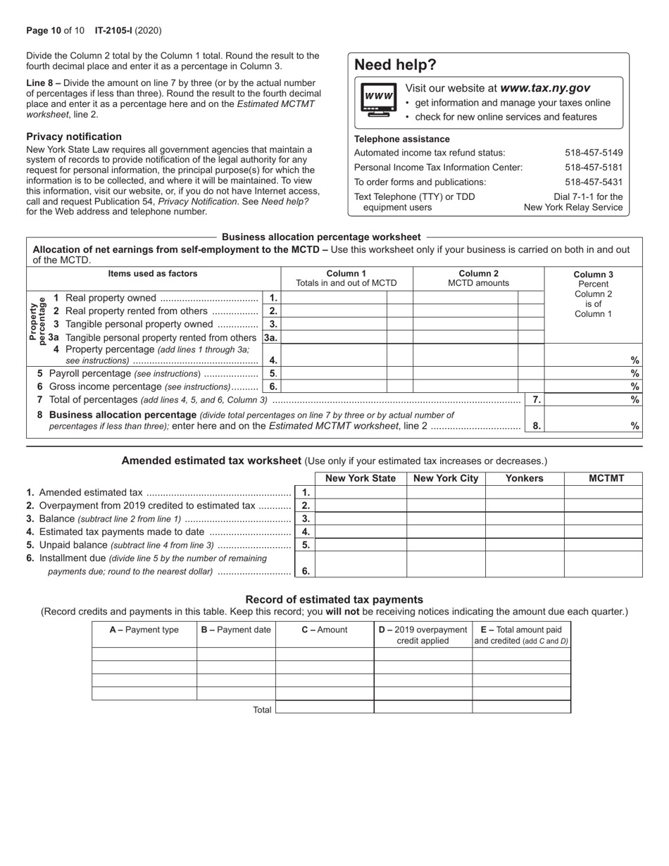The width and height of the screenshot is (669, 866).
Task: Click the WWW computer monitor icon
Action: point(379,99)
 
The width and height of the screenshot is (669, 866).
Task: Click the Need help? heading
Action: point(395,65)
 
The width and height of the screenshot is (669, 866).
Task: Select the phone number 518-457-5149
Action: point(594,153)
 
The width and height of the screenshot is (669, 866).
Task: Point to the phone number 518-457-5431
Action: point(594,182)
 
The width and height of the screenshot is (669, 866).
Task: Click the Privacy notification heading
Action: point(74,137)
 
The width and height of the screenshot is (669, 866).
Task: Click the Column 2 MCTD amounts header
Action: point(478,278)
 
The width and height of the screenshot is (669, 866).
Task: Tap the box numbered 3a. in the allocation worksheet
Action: point(271,337)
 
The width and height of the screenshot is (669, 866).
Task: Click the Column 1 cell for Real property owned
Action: point(333,298)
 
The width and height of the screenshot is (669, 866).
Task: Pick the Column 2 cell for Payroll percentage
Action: point(465,373)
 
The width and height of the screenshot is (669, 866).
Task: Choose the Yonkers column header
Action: point(525,479)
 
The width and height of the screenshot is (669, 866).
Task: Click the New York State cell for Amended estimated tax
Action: point(361,492)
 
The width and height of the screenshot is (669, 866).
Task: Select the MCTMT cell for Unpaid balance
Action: point(603,545)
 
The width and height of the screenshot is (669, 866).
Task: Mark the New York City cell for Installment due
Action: point(446,564)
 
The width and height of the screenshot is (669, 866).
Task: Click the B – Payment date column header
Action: point(236,629)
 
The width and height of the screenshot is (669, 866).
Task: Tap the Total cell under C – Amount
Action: point(324,708)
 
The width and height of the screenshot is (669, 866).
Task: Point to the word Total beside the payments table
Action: point(262,710)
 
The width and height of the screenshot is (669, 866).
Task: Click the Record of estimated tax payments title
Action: point(334,599)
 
